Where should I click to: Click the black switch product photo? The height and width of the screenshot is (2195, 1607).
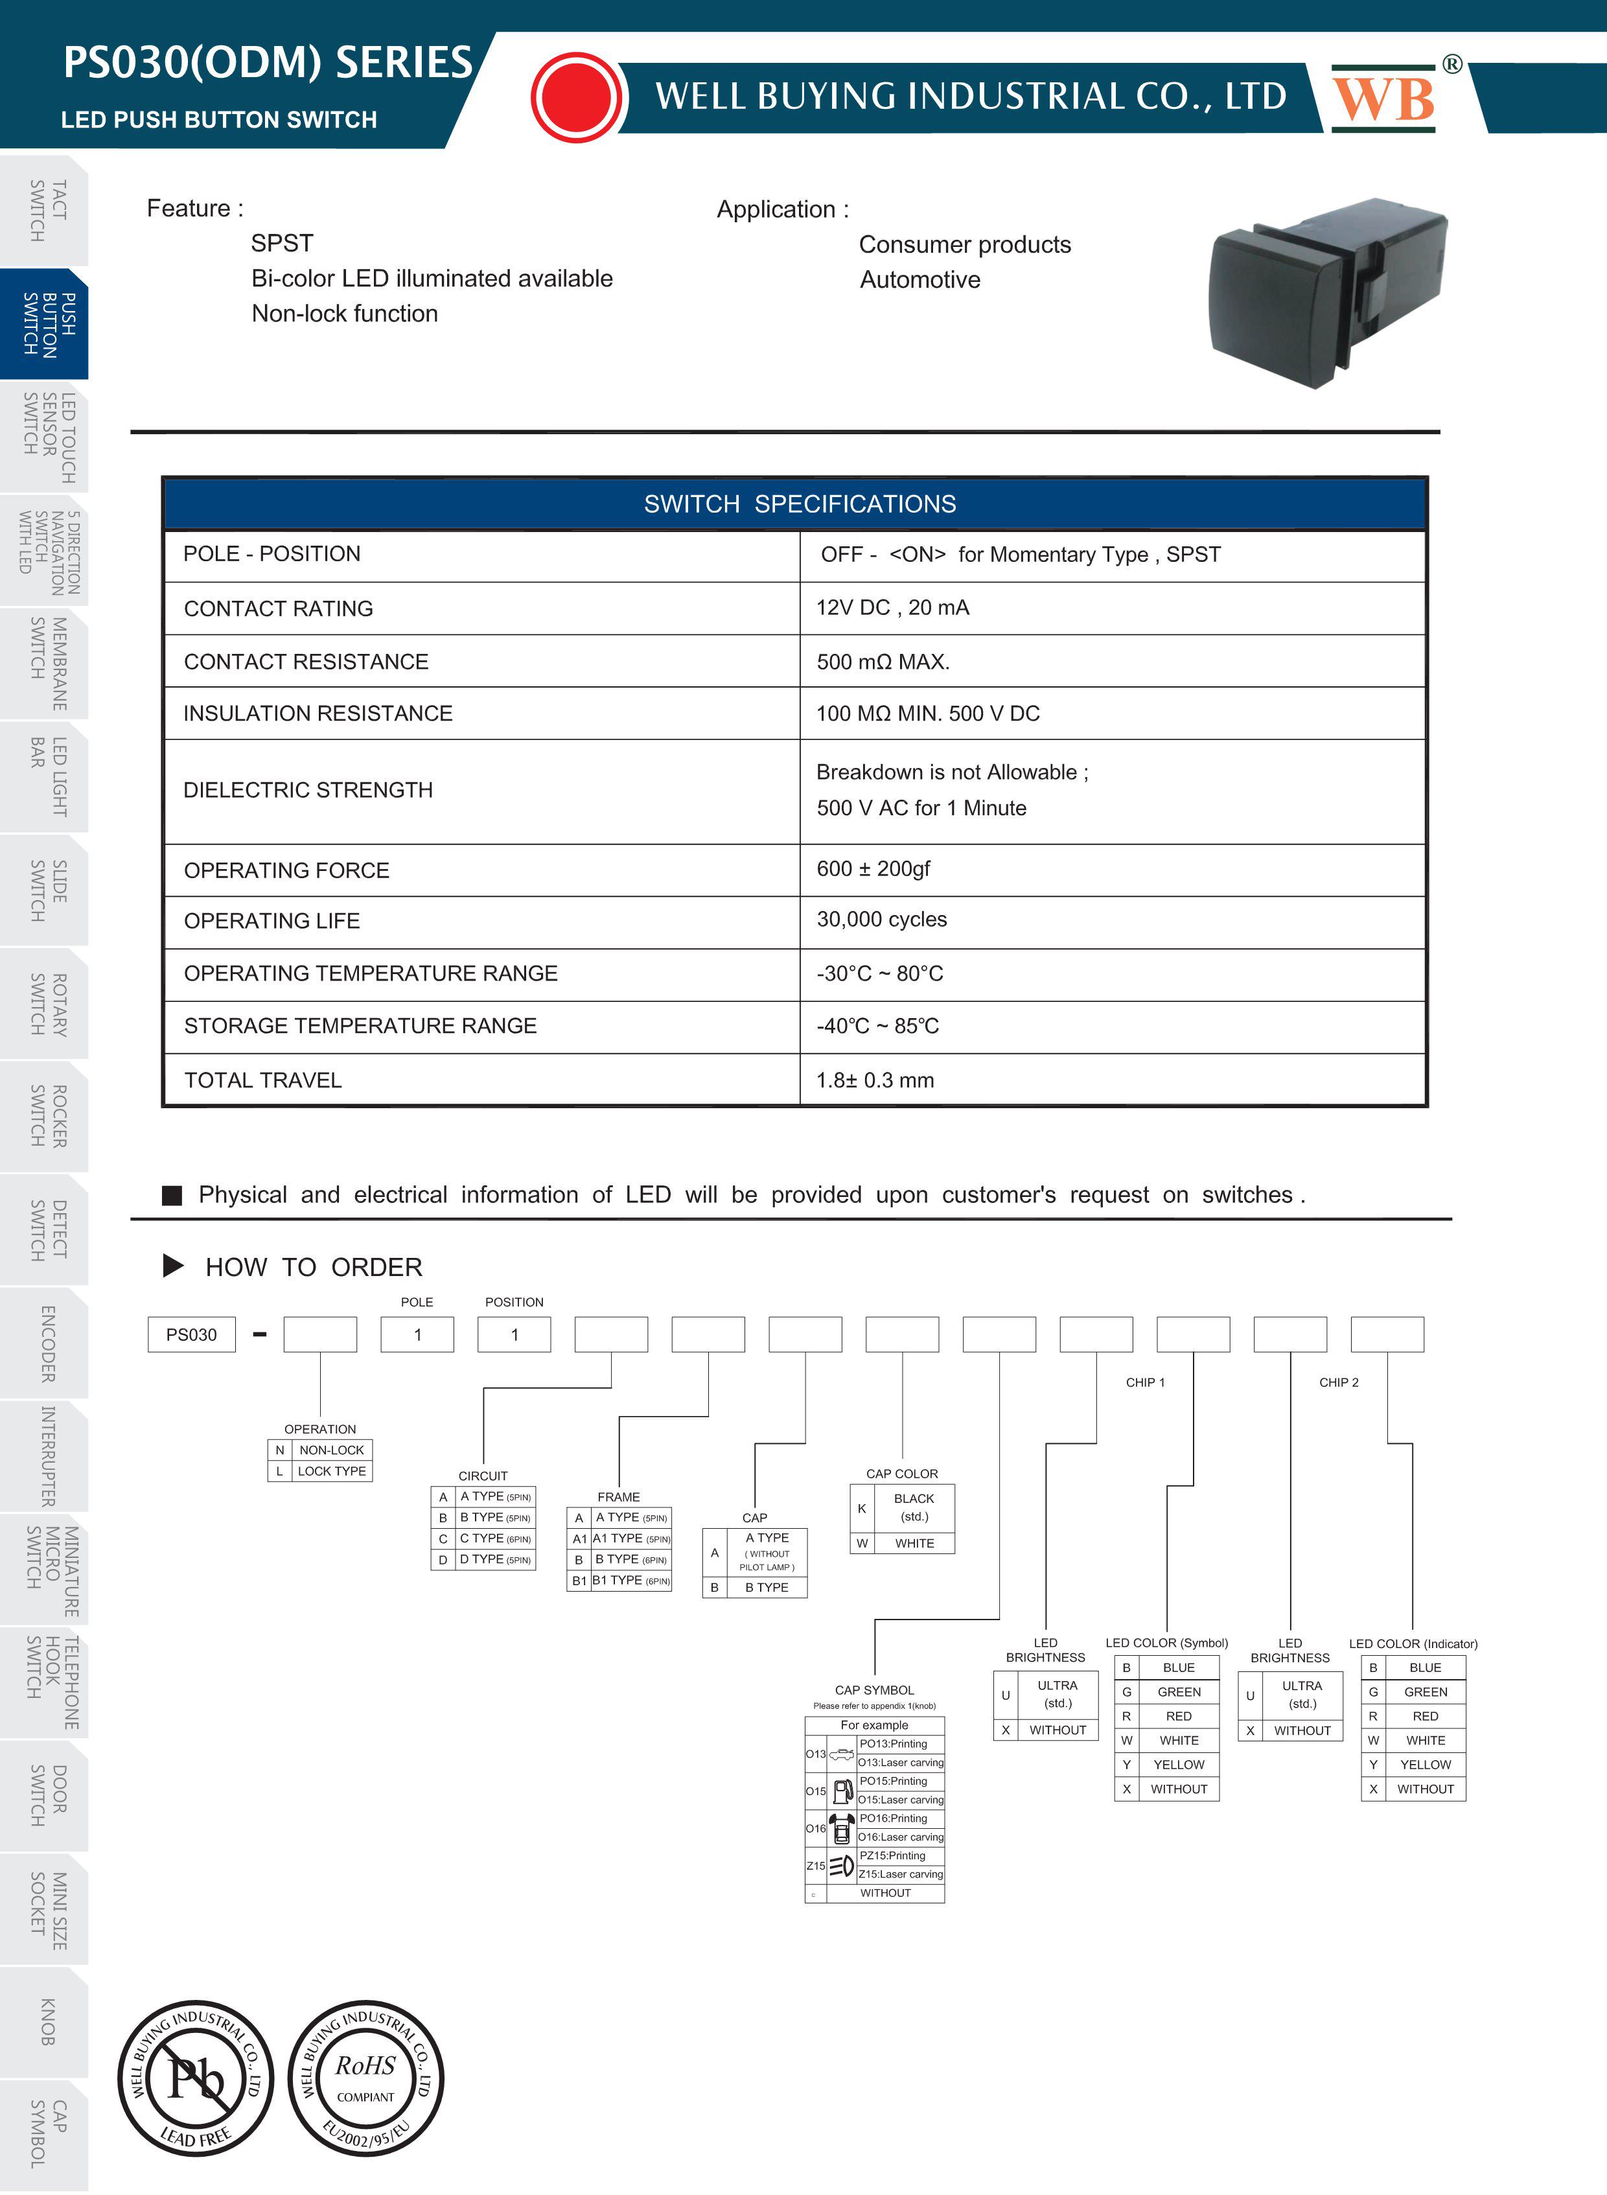pos(1327,292)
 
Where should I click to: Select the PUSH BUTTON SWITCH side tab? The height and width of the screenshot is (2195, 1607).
pos(45,324)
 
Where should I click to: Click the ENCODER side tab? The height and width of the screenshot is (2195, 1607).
pos(45,1343)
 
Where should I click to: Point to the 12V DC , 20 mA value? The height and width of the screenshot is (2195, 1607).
pos(892,608)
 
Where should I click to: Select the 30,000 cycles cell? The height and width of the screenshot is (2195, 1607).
pos(881,920)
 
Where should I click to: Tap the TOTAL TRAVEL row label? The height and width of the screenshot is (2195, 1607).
pos(262,1080)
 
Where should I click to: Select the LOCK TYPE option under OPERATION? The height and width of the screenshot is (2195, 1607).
pos(332,1471)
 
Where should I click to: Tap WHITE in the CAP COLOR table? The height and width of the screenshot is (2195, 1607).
pos(914,1543)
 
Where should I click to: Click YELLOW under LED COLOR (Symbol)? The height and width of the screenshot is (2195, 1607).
pos(1179,1765)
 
